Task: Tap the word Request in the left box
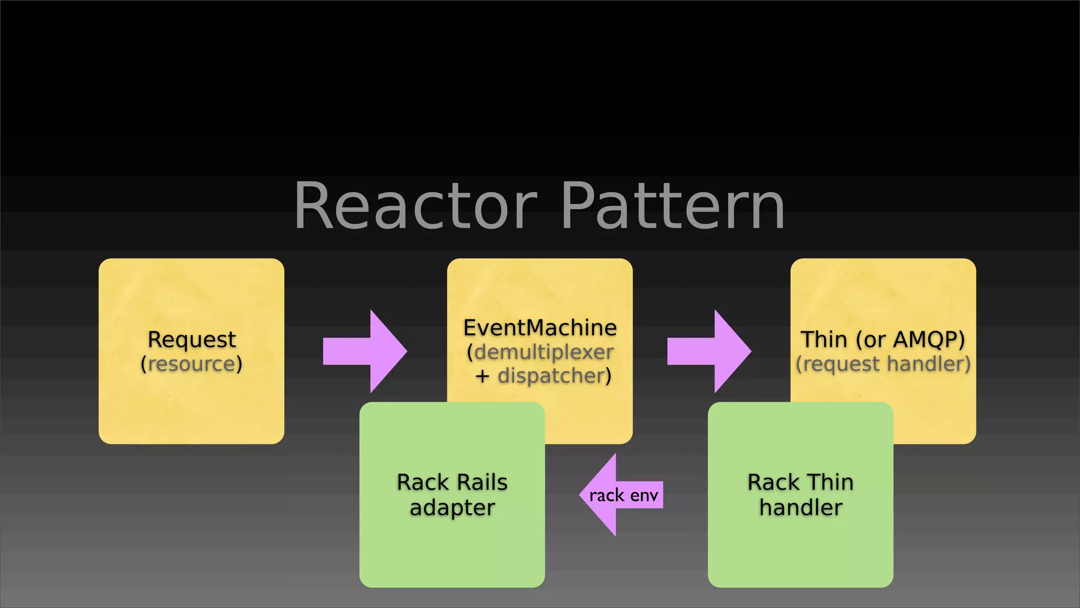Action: point(191,339)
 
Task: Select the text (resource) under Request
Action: point(191,364)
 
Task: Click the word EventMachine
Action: point(540,328)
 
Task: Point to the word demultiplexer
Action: point(544,352)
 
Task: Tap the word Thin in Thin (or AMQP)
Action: point(824,339)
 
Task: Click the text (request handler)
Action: point(883,364)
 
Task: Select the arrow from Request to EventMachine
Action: point(365,351)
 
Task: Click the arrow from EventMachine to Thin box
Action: point(709,351)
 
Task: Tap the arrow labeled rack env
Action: point(623,495)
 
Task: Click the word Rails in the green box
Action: point(481,482)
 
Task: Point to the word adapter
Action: point(452,508)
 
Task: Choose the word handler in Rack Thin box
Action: point(801,508)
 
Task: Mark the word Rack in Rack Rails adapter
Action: point(422,482)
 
